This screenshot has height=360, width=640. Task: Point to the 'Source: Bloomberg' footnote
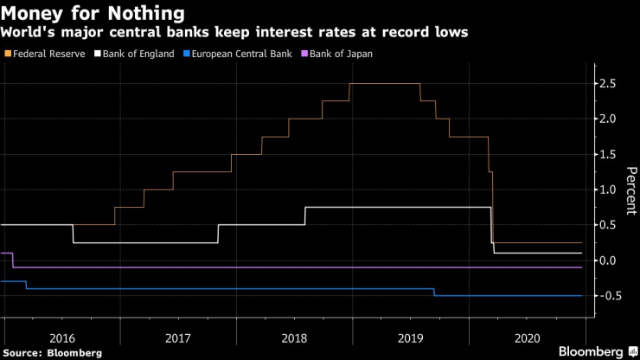click(x=52, y=352)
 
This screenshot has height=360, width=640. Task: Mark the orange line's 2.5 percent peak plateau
click(x=385, y=84)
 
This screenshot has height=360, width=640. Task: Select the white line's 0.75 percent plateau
click(x=398, y=207)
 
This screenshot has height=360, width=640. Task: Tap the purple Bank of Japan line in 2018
click(x=294, y=267)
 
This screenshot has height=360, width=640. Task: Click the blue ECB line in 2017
click(x=178, y=289)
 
